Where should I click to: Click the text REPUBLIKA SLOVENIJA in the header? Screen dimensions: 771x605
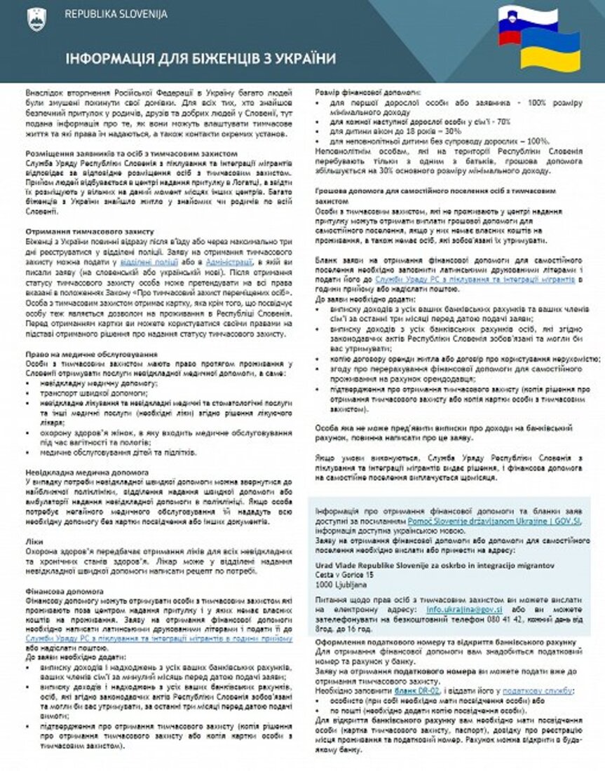115,15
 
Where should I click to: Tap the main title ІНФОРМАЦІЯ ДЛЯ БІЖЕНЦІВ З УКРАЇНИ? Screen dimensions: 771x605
200,58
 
